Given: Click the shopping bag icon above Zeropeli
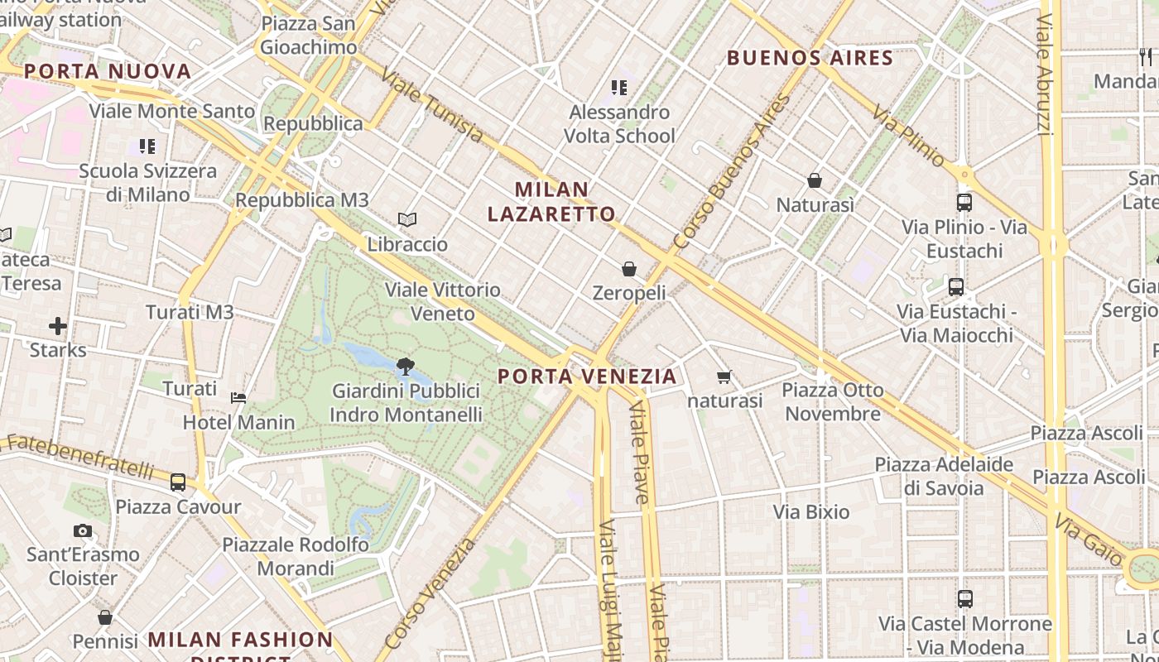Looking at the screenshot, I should (x=629, y=269).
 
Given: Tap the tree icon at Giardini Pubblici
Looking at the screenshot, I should (x=405, y=366).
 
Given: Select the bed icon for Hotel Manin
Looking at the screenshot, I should (x=238, y=398).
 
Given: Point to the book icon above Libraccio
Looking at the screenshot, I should (x=406, y=219).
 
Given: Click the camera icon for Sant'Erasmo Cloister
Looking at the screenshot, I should (x=83, y=530).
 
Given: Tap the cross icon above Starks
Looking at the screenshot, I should (x=57, y=325).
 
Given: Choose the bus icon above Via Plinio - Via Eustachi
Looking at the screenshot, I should (x=964, y=202).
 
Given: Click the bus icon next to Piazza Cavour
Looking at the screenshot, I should (x=178, y=482).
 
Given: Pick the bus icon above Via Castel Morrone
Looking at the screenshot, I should (x=964, y=598).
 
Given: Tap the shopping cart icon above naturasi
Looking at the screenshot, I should (x=724, y=377).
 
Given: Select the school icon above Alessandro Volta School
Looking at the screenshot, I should (x=618, y=87).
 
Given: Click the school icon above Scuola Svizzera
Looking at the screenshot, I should (x=147, y=146).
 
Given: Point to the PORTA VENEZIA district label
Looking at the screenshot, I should (x=587, y=377).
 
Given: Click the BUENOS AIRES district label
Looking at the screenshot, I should (x=810, y=58).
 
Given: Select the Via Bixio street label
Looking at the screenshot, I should (x=811, y=512).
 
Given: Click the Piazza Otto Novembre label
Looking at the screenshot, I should (x=833, y=401).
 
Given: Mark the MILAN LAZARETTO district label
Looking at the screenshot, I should (x=551, y=202).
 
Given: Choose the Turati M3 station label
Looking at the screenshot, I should (x=190, y=312).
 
